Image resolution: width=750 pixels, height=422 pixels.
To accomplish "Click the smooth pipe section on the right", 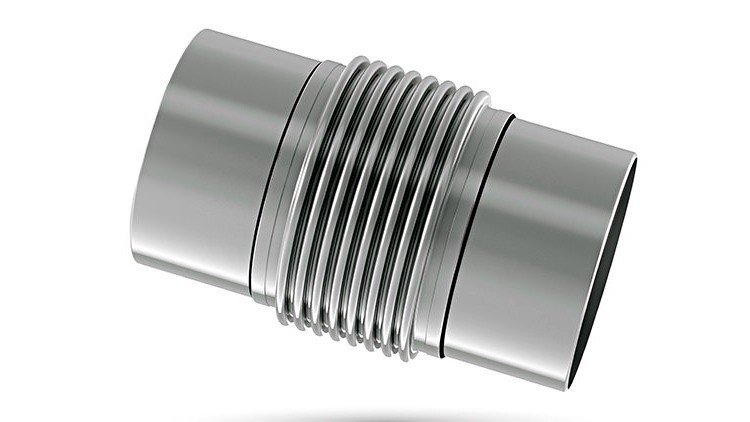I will point(540,250).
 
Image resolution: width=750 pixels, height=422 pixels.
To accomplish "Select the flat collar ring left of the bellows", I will point(300,185).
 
